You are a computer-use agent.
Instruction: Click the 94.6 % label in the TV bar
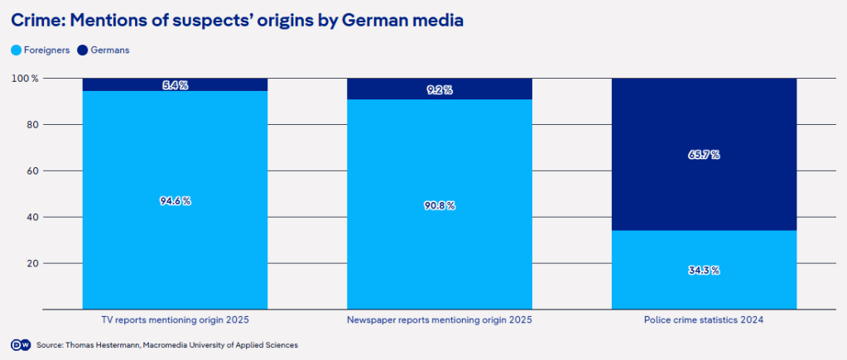[175, 201]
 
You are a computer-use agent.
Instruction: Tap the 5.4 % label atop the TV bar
[175, 85]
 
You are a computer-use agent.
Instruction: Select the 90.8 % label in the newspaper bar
[439, 205]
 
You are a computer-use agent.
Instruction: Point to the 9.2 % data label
[439, 90]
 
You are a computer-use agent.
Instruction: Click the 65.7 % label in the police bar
[704, 155]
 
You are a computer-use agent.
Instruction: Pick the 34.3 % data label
[704, 271]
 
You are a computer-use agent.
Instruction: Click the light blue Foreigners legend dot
[16, 50]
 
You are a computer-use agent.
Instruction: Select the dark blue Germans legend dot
[82, 50]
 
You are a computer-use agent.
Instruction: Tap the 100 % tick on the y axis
[25, 79]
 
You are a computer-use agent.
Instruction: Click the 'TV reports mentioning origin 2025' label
[175, 319]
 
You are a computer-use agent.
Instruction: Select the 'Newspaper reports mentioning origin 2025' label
[439, 319]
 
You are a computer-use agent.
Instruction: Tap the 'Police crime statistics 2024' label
[704, 319]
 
